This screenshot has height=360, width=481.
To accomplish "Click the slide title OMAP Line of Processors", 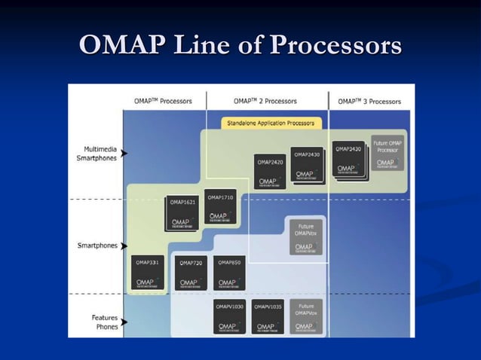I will point(240,46).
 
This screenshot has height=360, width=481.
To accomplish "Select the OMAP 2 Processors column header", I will point(265,101).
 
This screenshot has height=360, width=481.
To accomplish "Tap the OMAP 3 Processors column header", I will point(369,101).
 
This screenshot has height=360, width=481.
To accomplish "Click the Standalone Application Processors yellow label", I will point(271,122).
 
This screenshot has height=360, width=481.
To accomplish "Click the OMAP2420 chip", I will point(270,172).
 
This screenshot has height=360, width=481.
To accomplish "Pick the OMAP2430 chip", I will point(308,165).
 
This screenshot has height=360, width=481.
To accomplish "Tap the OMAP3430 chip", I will point(348,160).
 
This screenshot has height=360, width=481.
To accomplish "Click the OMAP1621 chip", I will point(182,213).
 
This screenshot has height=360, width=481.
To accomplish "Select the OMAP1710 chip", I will point(219,207).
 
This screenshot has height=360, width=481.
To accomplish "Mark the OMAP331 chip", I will point(147,273).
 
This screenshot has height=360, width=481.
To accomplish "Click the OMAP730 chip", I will point(190,273).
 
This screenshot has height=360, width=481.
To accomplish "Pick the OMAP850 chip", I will point(228,273).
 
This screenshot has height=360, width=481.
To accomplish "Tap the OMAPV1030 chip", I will point(229,317).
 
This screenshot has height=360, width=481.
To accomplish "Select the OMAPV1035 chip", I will point(268,317).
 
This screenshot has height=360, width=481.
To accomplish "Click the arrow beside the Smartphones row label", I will point(124,246).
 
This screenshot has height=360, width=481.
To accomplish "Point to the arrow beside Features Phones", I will point(124,322).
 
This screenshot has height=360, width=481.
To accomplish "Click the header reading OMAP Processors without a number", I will point(163,101).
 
